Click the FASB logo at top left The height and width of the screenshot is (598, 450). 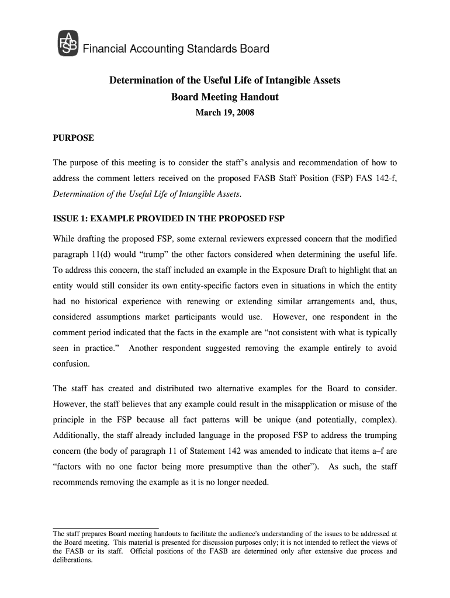(67, 44)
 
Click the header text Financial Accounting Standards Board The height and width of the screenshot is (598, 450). (175, 49)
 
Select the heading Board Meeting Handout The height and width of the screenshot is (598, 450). (224, 97)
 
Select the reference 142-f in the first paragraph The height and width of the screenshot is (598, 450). (381, 178)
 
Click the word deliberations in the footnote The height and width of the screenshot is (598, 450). (72, 559)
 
